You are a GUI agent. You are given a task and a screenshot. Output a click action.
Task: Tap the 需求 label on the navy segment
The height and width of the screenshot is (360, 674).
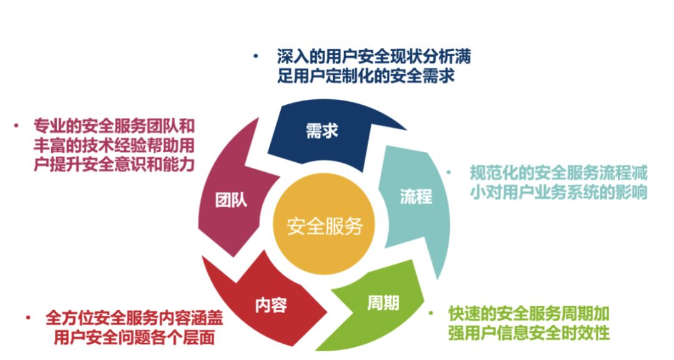pos(322,132)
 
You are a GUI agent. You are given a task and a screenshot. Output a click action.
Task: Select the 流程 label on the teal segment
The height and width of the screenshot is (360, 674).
pos(416,197)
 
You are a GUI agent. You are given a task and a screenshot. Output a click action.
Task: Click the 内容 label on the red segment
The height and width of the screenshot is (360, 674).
pos(271,306)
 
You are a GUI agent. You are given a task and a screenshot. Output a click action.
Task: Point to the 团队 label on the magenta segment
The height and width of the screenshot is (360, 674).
pos(231,200)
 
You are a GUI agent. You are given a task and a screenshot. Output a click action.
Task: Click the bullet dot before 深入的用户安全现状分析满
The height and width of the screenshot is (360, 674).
pos(255,56)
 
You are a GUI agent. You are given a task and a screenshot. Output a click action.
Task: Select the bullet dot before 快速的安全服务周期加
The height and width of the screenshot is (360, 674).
pos(431,313)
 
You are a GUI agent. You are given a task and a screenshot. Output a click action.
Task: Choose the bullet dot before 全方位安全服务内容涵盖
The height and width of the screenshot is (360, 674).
pos(29,318)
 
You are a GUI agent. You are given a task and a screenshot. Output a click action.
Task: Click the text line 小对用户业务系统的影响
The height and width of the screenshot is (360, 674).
pos(559,192)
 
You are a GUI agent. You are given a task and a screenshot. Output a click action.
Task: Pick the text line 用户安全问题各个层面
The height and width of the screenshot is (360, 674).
pos(134,338)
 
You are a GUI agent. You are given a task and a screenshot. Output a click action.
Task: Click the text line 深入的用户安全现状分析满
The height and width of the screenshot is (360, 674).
pos(373,57)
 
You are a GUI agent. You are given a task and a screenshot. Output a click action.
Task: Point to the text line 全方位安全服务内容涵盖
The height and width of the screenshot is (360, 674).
pos(134,318)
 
